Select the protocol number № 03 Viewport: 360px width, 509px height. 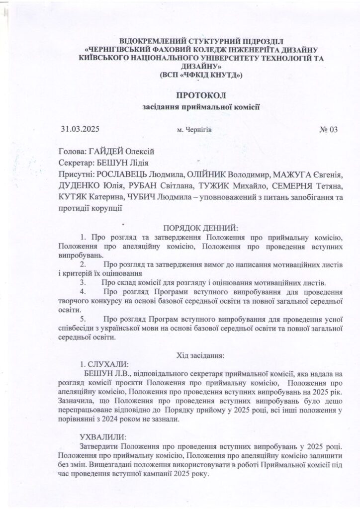pos(328,130)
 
